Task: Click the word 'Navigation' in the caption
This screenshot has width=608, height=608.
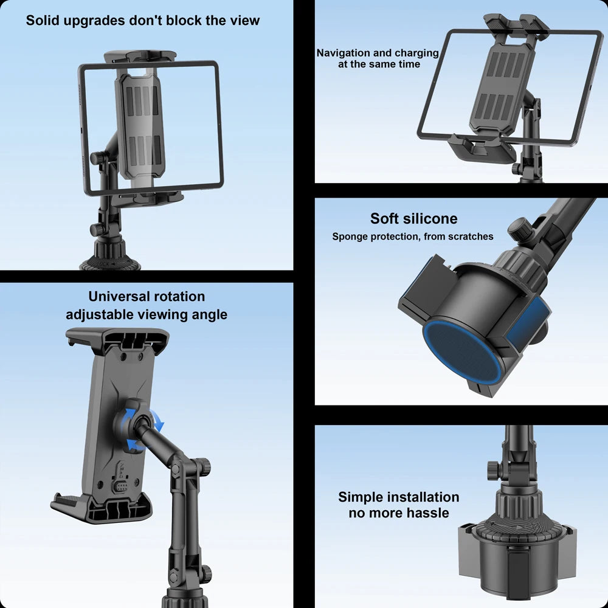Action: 343,53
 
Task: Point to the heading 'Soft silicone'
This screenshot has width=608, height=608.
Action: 413,218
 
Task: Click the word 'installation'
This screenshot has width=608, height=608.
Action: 423,497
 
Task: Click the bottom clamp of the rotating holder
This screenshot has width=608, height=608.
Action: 102,508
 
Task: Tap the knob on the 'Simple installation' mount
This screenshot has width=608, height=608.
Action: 493,469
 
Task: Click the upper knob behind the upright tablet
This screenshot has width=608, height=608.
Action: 100,158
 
